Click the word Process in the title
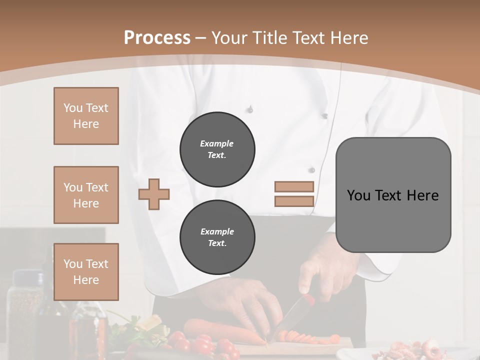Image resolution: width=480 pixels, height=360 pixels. (157, 38)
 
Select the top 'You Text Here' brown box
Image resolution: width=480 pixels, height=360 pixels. (86, 116)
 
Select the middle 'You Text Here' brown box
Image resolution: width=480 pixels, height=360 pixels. (86, 195)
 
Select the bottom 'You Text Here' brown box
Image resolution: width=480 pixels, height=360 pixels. (86, 271)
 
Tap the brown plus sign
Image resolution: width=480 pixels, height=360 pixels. (154, 194)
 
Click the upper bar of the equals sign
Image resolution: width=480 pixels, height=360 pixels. (294, 186)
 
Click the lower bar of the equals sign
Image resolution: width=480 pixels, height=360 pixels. (294, 201)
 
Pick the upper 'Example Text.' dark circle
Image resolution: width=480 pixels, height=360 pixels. (217, 149)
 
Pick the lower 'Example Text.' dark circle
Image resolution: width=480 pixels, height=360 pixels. (217, 237)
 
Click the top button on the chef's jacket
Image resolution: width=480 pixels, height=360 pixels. (249, 109)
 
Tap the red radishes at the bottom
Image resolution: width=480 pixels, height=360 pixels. (205, 345)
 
